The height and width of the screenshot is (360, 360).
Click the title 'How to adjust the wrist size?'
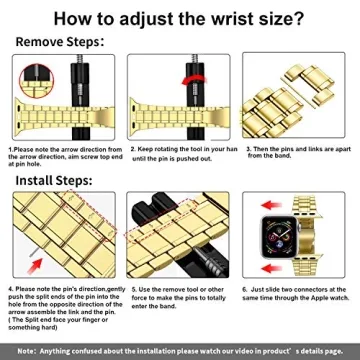pos(180,18)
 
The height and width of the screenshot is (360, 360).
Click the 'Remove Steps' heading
pos(57,43)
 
